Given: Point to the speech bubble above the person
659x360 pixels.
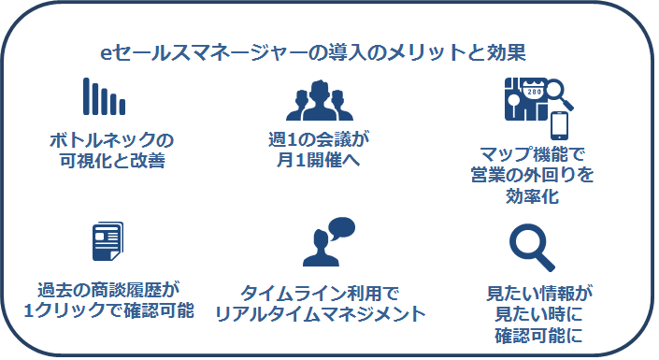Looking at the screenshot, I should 342,228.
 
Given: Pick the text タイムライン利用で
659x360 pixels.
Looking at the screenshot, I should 320,292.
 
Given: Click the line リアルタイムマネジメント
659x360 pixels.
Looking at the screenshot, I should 320,313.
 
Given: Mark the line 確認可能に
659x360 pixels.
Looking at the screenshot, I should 535,334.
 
